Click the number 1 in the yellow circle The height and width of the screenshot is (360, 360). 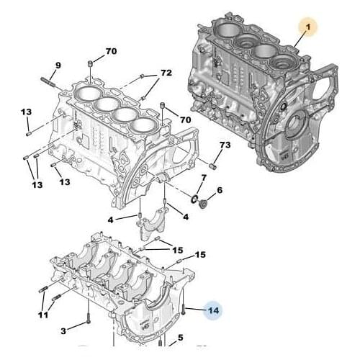tap(307, 27)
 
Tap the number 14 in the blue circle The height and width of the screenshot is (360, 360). tap(213, 310)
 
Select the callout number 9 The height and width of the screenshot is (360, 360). tap(58, 66)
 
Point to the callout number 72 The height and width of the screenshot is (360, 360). tap(166, 73)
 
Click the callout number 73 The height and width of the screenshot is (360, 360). tap(225, 146)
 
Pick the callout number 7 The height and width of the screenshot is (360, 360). tap(204, 177)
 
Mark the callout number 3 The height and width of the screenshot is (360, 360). tap(63, 330)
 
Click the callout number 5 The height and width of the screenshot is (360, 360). tap(181, 337)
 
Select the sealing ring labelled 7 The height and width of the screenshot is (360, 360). tap(195, 197)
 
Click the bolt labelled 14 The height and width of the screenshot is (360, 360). tap(185, 309)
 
